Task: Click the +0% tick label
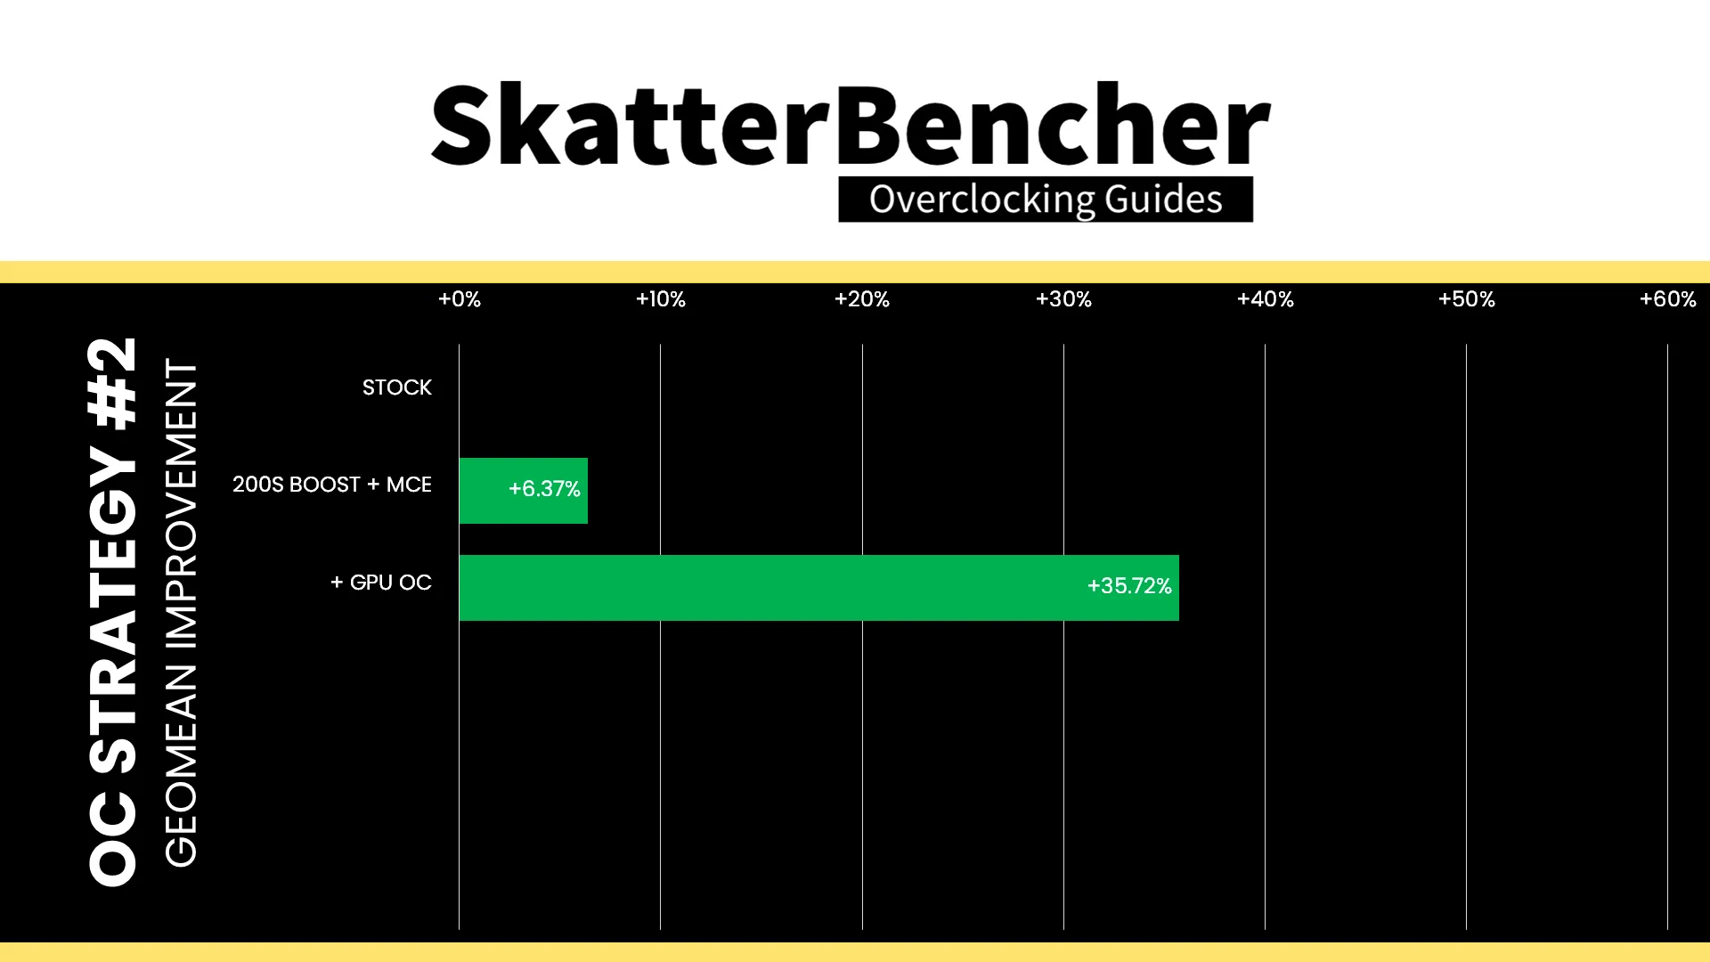coord(460,299)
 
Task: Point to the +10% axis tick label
coord(661,299)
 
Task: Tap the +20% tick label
coord(862,299)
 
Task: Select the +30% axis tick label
coord(1063,299)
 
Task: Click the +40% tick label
coord(1266,299)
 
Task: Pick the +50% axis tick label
coord(1467,299)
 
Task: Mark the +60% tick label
coord(1668,299)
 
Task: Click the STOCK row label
coord(397,387)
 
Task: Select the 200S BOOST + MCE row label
coord(332,485)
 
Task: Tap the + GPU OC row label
coord(381,583)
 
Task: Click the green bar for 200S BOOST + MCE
coord(524,491)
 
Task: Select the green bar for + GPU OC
coord(819,588)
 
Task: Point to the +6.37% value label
coord(544,489)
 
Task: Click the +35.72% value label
coord(1129,586)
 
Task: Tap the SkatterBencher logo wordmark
coord(851,125)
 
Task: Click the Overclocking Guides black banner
coord(1046,200)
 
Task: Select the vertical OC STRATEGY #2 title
coord(113,612)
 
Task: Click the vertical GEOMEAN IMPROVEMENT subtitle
coord(181,613)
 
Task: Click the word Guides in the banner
coord(1164,200)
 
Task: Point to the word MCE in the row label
coord(409,485)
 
